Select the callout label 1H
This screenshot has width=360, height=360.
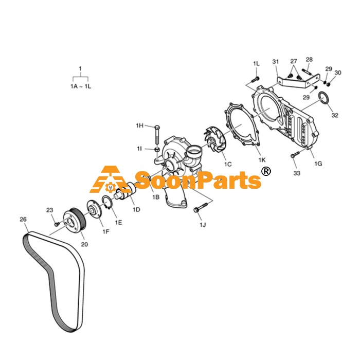139,125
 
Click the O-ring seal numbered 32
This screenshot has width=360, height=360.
323,98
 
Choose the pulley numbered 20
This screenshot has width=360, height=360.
75,221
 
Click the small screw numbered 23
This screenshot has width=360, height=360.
57,224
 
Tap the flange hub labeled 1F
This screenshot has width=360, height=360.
95,209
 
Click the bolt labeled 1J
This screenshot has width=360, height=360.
200,207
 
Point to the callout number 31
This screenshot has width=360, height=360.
276,62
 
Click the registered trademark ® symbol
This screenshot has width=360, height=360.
266,171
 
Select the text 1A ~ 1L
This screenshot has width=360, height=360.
81,86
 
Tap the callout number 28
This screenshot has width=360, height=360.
309,60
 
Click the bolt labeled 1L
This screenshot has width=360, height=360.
255,80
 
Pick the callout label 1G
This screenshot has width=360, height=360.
318,164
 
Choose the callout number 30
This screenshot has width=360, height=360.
338,73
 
